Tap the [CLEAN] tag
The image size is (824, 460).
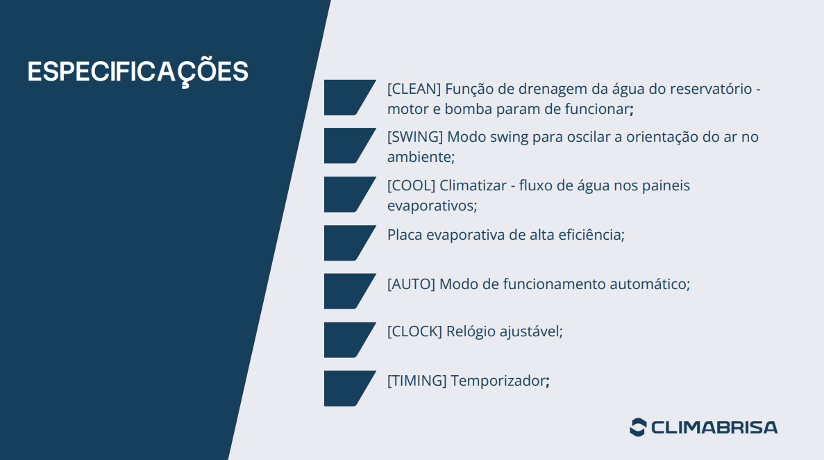click(x=414, y=89)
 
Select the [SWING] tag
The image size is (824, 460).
click(x=415, y=137)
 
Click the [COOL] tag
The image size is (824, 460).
click(x=411, y=186)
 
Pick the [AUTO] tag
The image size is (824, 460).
click(x=411, y=284)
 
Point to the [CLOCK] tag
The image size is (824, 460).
click(x=414, y=331)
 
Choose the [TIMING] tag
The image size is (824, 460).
click(x=417, y=381)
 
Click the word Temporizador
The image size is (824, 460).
click(x=498, y=381)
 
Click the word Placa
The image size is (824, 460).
click(x=405, y=235)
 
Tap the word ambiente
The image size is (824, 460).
click(x=419, y=157)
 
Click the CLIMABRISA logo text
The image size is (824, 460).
click(x=714, y=427)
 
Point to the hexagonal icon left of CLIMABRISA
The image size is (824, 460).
click(x=637, y=427)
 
